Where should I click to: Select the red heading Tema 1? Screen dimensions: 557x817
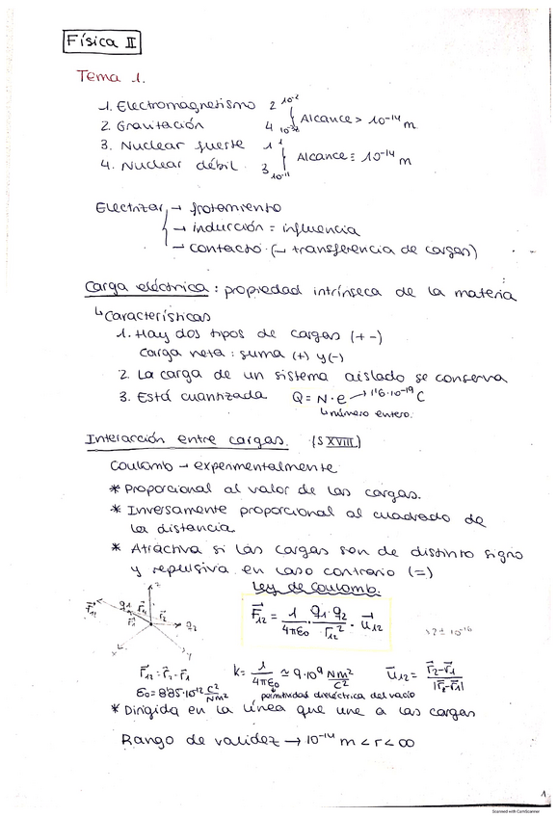(110, 80)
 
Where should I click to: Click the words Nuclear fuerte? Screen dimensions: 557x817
(182, 145)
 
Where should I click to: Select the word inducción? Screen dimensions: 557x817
(226, 229)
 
